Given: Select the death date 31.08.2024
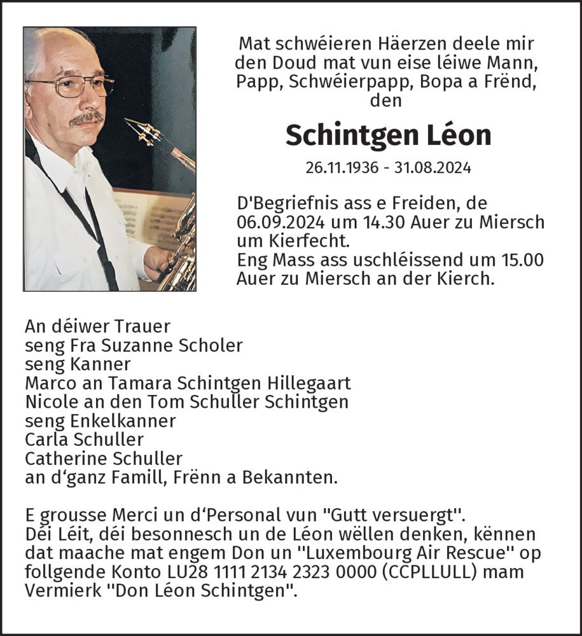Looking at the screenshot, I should [x=434, y=168].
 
